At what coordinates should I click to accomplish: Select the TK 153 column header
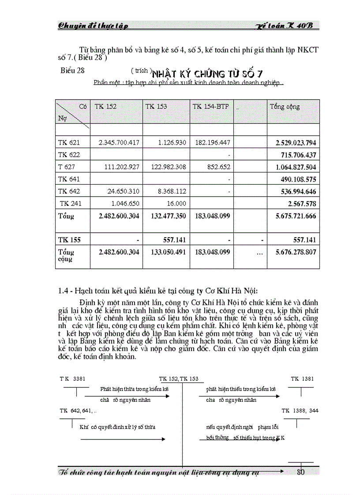point(156,107)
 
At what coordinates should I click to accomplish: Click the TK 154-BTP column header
point(210,107)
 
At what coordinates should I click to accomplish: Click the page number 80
point(301,472)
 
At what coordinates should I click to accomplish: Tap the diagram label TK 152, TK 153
point(179,379)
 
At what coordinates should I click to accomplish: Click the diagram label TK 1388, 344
point(300,410)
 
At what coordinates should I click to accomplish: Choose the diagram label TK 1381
point(302,379)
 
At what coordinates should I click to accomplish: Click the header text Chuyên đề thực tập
point(93,26)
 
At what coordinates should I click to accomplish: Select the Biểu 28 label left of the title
point(72,70)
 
